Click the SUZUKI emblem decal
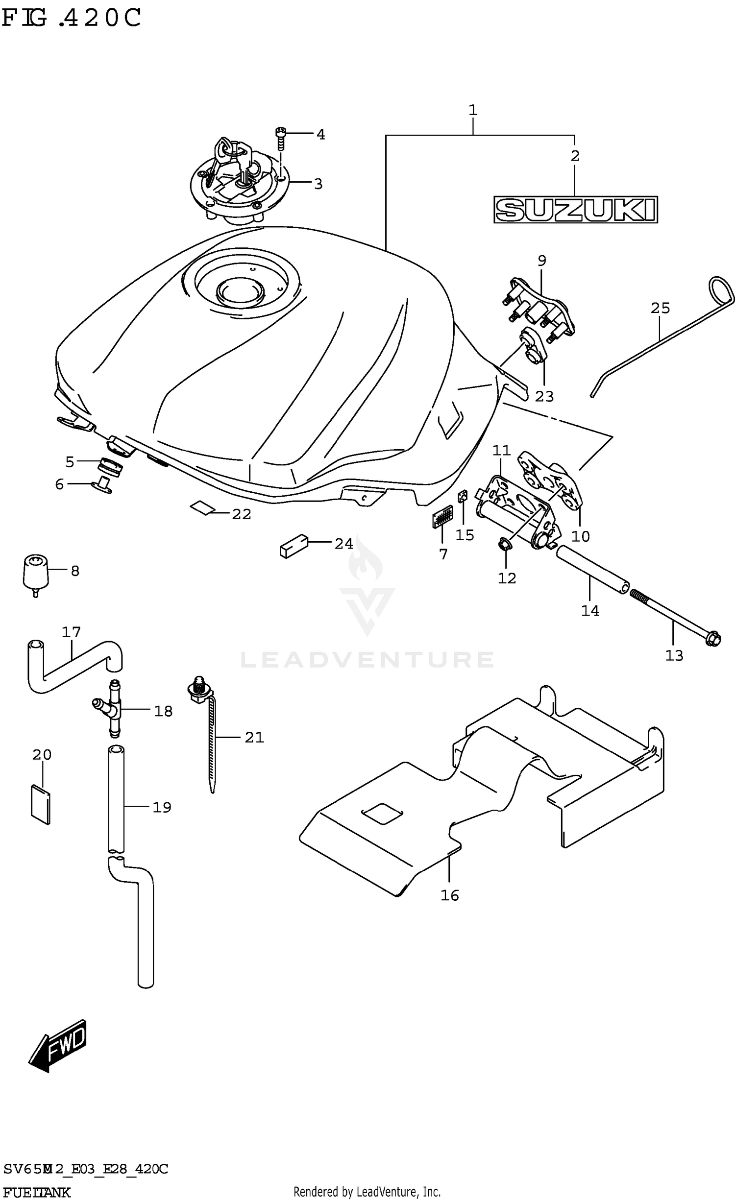coord(575,210)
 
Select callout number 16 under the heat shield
coord(449,895)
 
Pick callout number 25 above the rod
coord(660,308)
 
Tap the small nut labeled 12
coord(504,544)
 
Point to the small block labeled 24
coord(294,545)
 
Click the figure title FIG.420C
coord(71,18)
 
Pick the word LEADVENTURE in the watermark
coord(367,659)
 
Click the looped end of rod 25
coord(722,292)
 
